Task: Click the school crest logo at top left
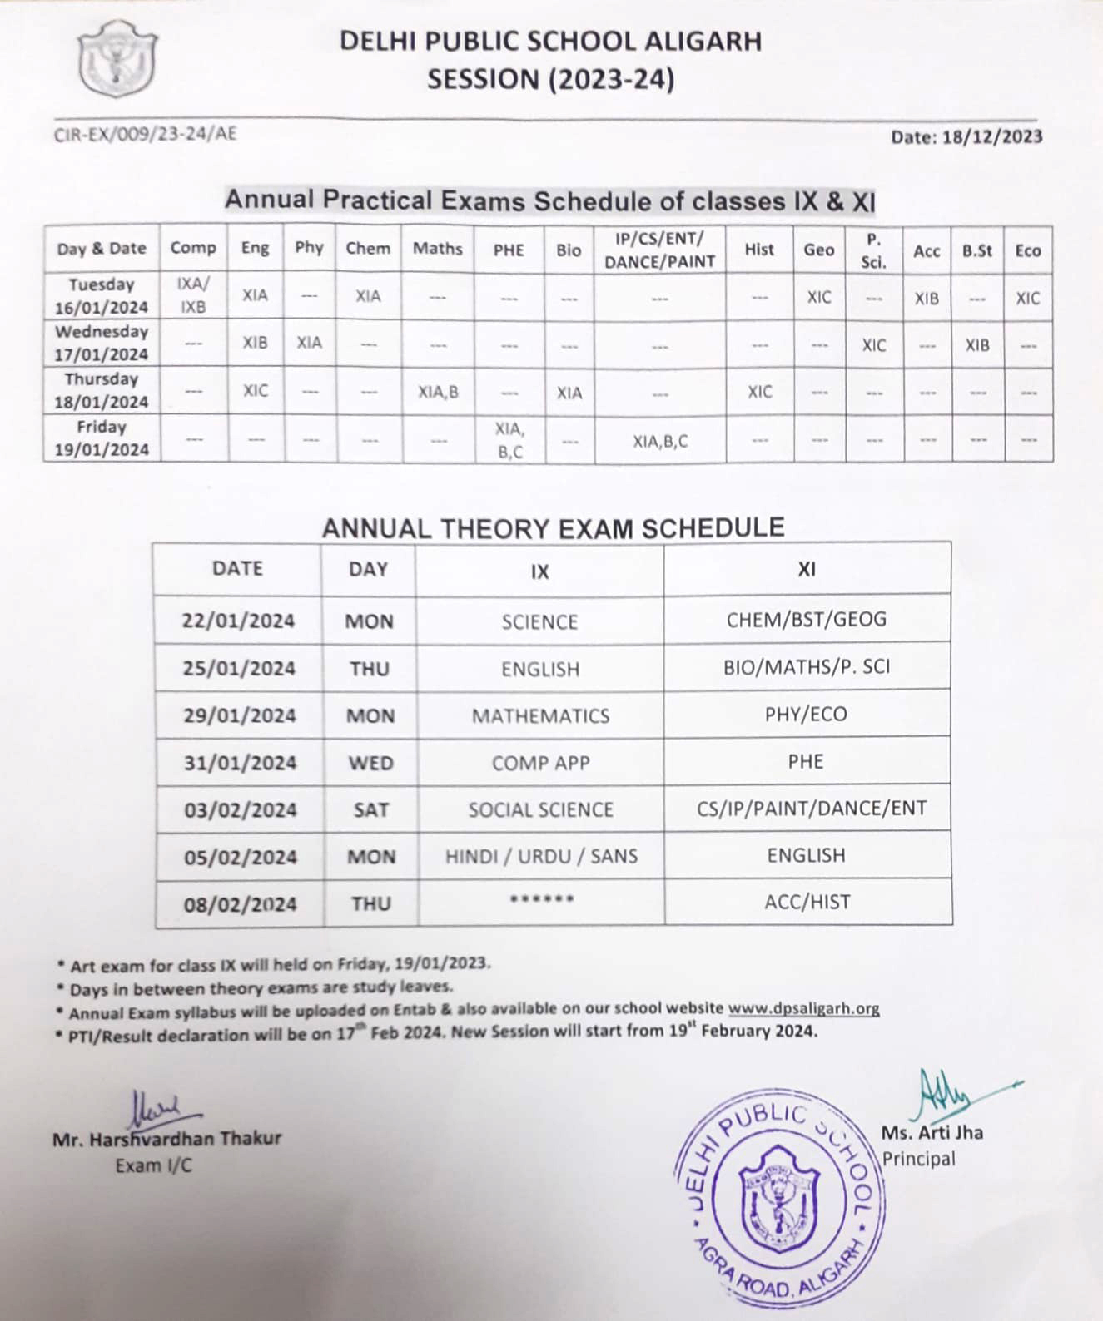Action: click(117, 58)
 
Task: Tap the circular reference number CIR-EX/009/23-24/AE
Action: click(145, 134)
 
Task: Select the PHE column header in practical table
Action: click(509, 250)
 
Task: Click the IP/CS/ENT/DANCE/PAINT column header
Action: click(659, 250)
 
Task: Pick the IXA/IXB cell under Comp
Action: click(193, 295)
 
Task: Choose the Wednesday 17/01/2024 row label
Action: click(102, 343)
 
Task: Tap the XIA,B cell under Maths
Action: click(438, 392)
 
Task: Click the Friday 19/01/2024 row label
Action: click(102, 438)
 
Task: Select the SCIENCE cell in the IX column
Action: click(539, 622)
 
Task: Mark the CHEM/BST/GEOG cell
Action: click(806, 619)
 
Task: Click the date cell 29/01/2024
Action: click(240, 715)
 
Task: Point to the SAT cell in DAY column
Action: click(370, 809)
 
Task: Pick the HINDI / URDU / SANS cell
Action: click(541, 856)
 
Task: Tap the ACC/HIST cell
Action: click(807, 902)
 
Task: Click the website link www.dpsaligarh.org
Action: click(803, 1008)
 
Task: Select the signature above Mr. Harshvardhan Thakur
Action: click(157, 1108)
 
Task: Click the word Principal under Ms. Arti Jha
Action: click(918, 1159)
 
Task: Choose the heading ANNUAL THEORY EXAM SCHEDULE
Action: click(553, 528)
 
